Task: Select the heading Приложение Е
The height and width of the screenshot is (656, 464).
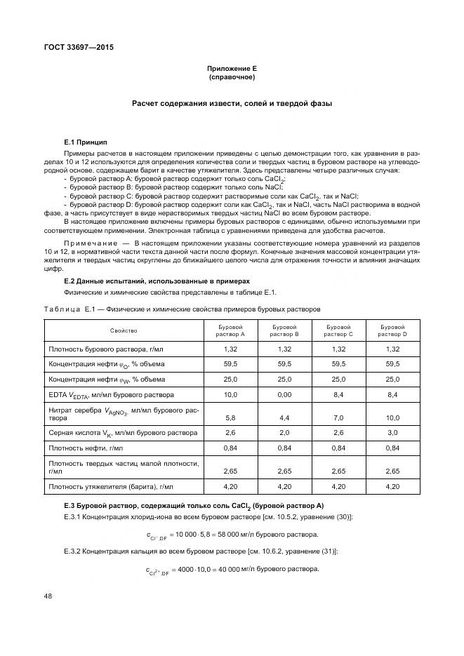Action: [x=232, y=68]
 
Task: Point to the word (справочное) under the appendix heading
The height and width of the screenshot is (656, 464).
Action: [x=232, y=76]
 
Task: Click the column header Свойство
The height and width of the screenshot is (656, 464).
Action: [x=124, y=330]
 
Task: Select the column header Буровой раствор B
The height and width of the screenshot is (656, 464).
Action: [x=285, y=330]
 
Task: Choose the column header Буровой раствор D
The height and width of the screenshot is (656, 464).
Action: [x=392, y=330]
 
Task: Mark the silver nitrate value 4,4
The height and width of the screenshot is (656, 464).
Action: [x=285, y=417]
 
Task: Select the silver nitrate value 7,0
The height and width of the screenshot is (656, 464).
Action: [x=339, y=417]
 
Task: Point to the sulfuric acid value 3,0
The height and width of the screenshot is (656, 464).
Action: [x=392, y=433]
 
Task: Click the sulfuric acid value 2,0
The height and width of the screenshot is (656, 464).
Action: [x=285, y=433]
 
